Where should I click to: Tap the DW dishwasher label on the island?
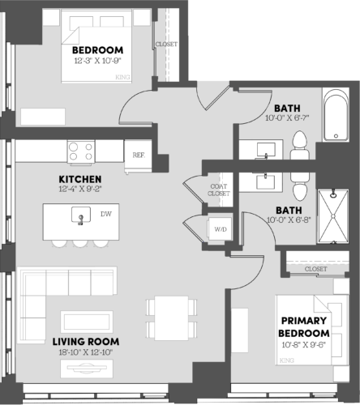105,215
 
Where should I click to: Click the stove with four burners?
81,151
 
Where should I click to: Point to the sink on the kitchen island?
79,215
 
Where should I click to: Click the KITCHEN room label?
79,178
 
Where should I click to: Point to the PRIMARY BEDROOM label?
305,327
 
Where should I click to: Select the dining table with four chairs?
171,318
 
